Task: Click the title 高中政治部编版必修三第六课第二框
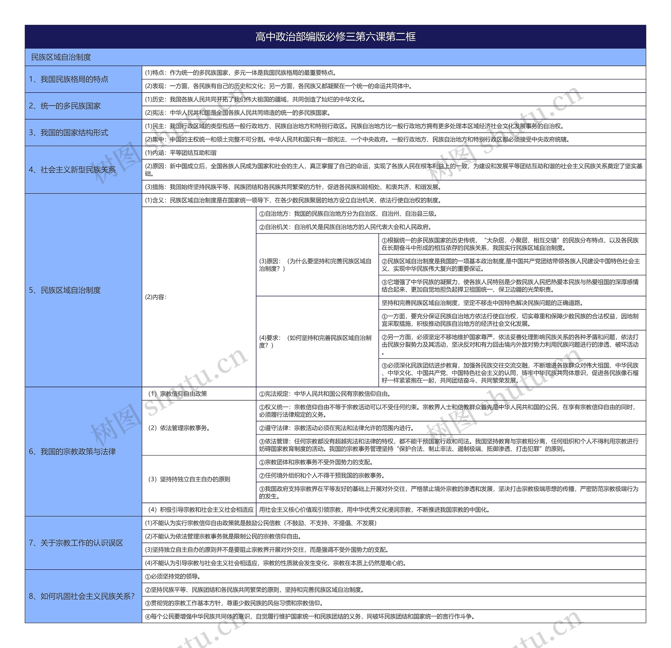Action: pyautogui.click(x=335, y=37)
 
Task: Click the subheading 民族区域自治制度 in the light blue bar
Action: pyautogui.click(x=61, y=57)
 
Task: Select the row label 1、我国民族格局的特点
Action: pyautogui.click(x=68, y=79)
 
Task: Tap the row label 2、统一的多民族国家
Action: pyautogui.click(x=65, y=106)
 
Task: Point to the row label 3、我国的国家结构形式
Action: pyautogui.click(x=68, y=132)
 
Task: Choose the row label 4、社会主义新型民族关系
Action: pyautogui.click(x=72, y=169)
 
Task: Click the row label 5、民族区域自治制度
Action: pyautogui.click(x=65, y=290)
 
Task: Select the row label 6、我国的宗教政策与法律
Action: pyautogui.click(x=72, y=451)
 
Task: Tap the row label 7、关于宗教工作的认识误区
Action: pyautogui.click(x=76, y=543)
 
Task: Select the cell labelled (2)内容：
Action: pyautogui.click(x=156, y=297)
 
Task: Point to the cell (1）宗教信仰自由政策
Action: pyautogui.click(x=177, y=394)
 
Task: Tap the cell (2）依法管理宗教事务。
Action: pyautogui.click(x=179, y=428)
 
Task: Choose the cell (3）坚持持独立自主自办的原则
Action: pyautogui.click(x=189, y=479)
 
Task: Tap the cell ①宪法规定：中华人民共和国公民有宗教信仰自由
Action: pyautogui.click(x=325, y=394)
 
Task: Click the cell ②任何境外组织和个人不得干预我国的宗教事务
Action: pyautogui.click(x=322, y=475)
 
